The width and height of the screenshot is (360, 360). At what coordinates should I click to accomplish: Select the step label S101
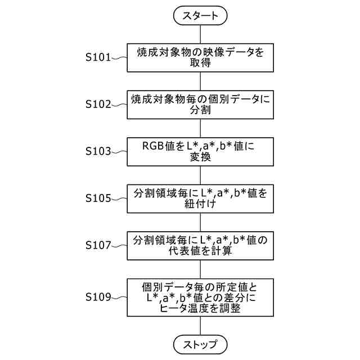coord(98,57)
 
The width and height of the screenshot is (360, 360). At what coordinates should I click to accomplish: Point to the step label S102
coord(98,104)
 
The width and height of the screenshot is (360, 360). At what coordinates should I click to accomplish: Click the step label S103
coord(98,151)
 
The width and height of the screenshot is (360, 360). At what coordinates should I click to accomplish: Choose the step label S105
coord(98,199)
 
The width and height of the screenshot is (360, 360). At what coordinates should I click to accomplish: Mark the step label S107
coord(98,246)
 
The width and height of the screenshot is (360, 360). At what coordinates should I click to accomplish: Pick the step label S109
coord(98,296)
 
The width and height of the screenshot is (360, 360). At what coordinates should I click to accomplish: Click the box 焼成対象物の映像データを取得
coord(200,57)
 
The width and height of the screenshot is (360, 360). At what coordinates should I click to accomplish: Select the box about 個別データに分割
coord(200,105)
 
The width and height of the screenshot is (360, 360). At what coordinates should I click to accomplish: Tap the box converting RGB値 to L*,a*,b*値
coord(200,152)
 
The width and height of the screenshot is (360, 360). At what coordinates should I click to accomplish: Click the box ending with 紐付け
coord(200,199)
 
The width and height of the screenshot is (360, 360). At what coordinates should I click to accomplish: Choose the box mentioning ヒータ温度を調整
coord(200,297)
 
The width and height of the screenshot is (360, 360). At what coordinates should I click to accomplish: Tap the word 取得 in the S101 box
coord(200,64)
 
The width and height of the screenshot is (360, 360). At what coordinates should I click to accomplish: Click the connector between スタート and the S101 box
coord(200,34)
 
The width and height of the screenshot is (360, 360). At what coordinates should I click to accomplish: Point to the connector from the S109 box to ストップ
coord(200,326)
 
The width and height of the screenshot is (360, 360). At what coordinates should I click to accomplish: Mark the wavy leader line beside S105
coord(119,199)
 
